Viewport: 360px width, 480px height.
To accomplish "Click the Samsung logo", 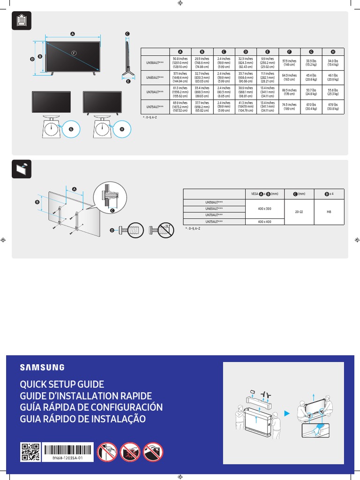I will point(42,367).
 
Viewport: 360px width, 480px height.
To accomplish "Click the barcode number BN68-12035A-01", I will point(65,458).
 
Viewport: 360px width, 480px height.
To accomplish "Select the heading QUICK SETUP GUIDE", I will point(61,384).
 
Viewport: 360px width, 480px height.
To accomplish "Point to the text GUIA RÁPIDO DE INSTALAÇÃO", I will point(82,419).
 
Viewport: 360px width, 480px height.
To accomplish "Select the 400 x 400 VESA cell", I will point(264,221).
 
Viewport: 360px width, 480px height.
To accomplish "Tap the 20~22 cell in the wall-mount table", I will point(299,212).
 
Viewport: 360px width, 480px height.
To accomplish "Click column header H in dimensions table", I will point(333,52).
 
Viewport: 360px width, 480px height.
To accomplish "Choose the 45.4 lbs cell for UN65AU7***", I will point(310,77).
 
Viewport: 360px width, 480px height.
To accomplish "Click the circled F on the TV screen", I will point(73,52).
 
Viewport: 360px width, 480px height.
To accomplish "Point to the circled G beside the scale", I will point(71,129).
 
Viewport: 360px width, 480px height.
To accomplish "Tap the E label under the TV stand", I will point(127,81).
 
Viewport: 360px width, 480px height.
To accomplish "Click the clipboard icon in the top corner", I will point(21,21).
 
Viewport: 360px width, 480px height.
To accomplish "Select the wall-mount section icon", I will point(21,169).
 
